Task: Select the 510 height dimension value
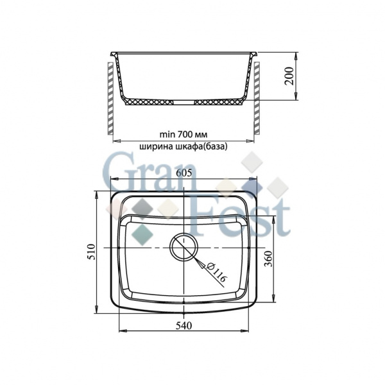pos(90,252)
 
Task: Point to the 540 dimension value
pos(184,326)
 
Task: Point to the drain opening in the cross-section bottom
pos(184,101)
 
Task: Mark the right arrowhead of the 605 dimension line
pos(258,179)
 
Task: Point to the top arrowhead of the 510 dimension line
pos(96,193)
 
